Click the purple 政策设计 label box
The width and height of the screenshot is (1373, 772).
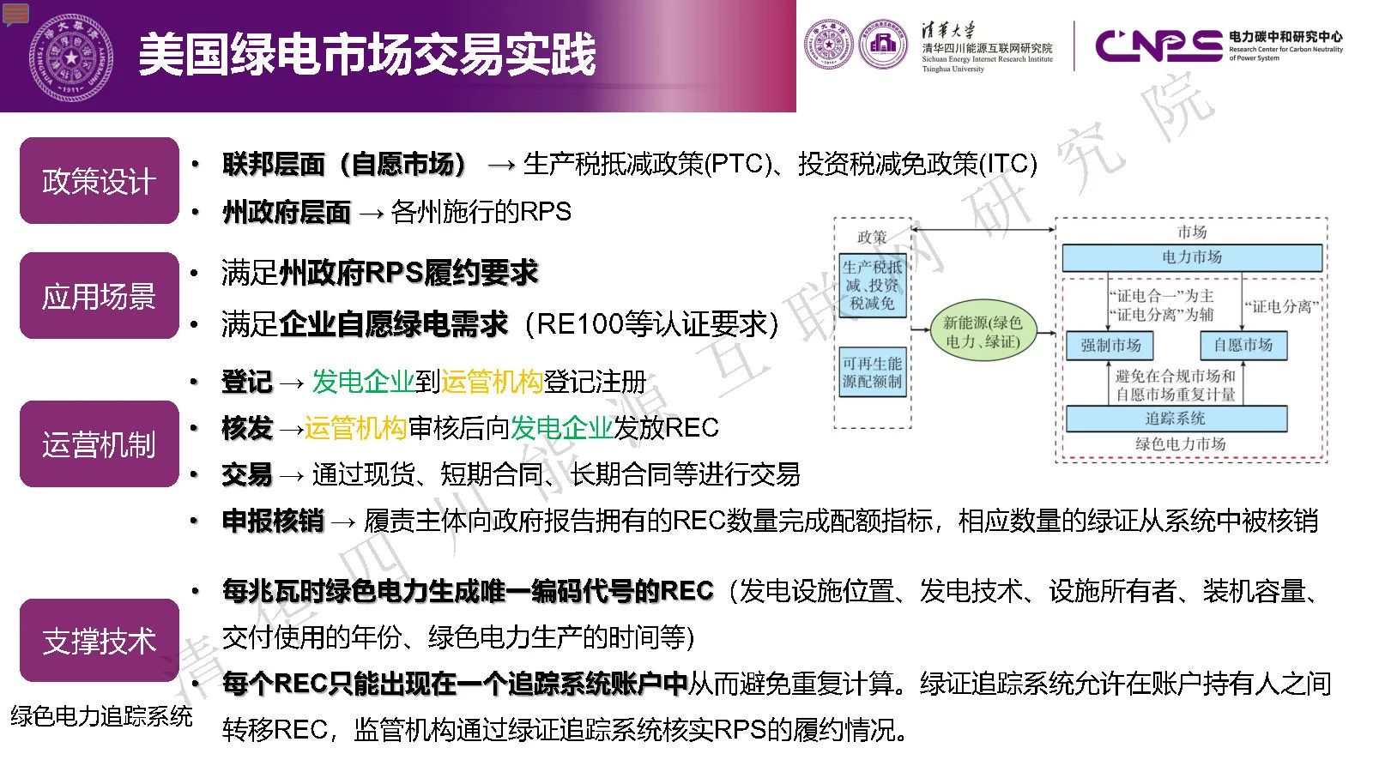(100, 181)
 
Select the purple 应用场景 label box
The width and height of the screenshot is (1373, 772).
(100, 295)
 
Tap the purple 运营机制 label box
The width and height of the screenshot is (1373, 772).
(100, 443)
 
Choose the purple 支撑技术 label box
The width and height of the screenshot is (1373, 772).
(100, 640)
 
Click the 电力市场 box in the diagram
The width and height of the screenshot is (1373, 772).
(1192, 257)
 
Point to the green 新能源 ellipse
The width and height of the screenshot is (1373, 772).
(983, 332)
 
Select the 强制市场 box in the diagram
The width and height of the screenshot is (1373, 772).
(1110, 346)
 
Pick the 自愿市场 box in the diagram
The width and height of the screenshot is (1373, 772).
(1243, 346)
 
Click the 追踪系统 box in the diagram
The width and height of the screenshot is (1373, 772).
(1176, 419)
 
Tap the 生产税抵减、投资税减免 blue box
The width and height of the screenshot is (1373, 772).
(872, 286)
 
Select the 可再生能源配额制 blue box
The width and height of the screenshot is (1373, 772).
(872, 372)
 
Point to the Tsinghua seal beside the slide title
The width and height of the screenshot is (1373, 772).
(71, 57)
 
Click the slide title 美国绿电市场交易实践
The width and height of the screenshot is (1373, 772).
(367, 55)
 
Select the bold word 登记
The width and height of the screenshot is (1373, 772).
(247, 382)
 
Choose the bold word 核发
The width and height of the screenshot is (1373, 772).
(247, 428)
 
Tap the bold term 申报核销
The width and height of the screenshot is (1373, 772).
(273, 521)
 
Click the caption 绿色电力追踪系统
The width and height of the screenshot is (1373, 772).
(102, 715)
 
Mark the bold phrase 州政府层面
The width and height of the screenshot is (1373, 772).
(287, 212)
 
